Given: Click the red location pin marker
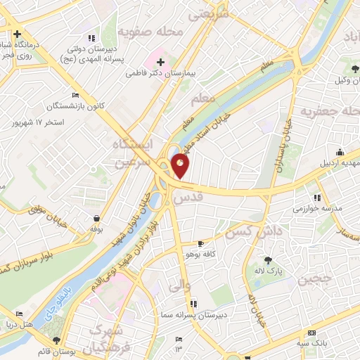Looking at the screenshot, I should click(x=181, y=166).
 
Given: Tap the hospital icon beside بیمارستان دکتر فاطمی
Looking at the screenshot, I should click(x=161, y=62).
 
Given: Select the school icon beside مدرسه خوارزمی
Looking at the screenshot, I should click(x=317, y=198).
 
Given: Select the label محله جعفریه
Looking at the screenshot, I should click(x=327, y=111).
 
